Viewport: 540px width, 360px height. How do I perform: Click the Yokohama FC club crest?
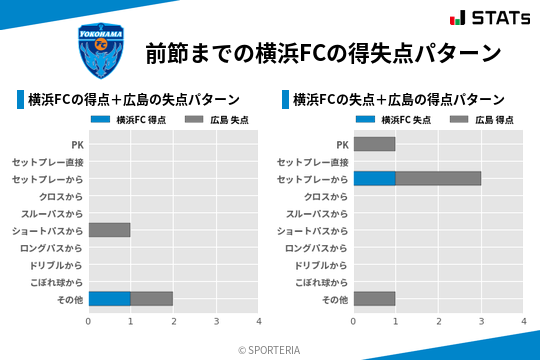tap(101, 51)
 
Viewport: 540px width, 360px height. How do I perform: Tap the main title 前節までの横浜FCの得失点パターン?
tap(322, 52)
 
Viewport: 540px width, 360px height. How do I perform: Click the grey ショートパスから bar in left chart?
tap(109, 230)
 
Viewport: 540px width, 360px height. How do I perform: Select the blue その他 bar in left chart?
tap(109, 298)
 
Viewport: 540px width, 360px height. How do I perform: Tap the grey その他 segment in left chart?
tap(152, 298)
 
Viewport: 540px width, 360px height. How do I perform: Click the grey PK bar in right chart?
tap(374, 144)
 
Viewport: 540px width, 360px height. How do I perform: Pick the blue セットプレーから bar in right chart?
tap(374, 178)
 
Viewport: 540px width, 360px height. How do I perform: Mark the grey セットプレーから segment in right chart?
tap(438, 178)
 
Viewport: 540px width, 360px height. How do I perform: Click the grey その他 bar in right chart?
tap(374, 298)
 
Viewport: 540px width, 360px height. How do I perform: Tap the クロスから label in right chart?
tap(325, 196)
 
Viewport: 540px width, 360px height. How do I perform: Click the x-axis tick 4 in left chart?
tap(258, 321)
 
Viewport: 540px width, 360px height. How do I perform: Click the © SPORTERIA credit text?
tap(269, 350)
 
